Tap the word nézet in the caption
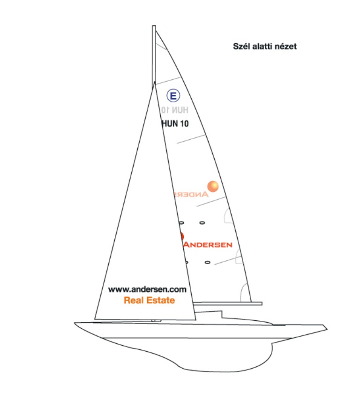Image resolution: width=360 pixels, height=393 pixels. (x=286, y=46)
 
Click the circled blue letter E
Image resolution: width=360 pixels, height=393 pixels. (x=173, y=97)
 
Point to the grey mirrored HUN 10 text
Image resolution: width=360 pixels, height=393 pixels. (x=175, y=110)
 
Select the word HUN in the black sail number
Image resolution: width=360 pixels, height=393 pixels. (x=169, y=124)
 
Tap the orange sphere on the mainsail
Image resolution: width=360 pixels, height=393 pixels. (x=213, y=186)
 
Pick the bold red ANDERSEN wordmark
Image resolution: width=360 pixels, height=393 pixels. (x=207, y=244)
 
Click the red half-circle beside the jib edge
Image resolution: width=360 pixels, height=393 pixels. (x=182, y=236)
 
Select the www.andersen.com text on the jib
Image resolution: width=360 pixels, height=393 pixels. (x=147, y=289)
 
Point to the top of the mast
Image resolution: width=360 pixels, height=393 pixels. (x=154, y=27)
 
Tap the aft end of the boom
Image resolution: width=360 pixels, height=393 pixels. (x=261, y=303)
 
